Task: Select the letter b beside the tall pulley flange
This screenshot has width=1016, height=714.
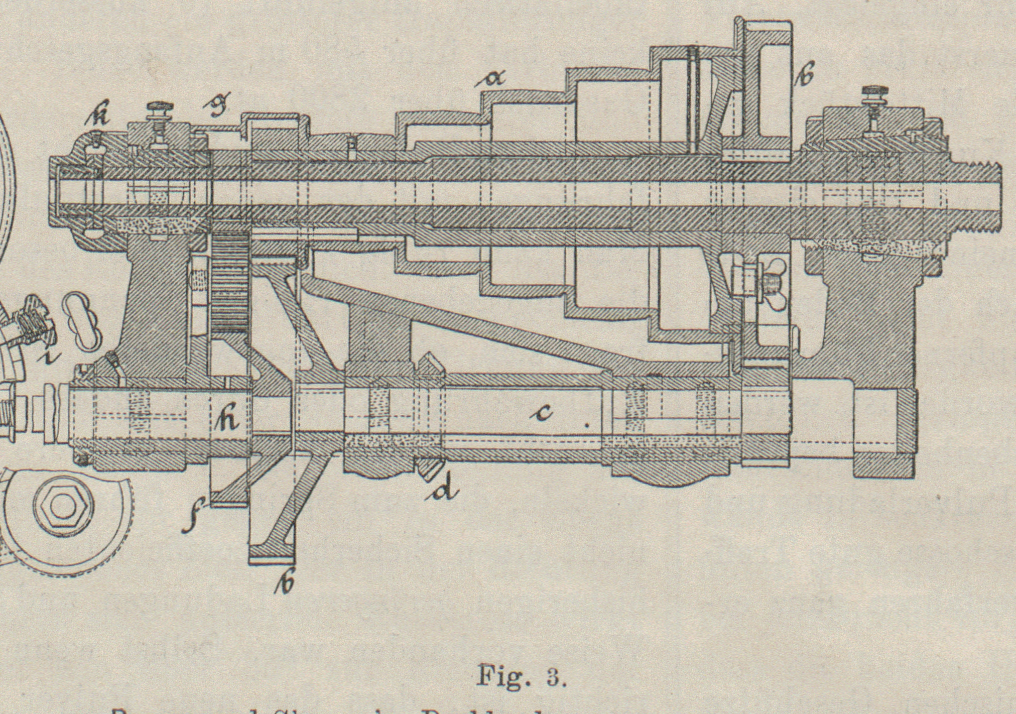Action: pyautogui.click(x=807, y=72)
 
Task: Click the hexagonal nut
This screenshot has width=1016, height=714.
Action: pyautogui.click(x=63, y=505)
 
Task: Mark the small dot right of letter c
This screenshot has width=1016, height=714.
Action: pyautogui.click(x=587, y=424)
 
